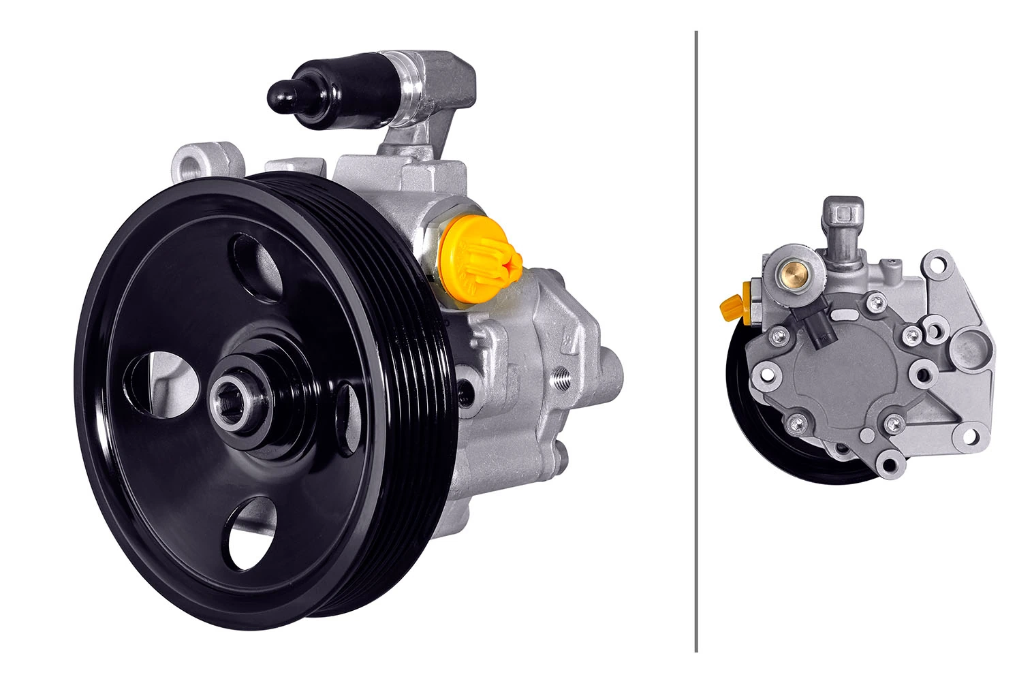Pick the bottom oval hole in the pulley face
tap(252, 535)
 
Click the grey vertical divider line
tap(696, 340)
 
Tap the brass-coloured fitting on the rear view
tap(793, 274)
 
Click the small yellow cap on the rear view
tap(732, 308)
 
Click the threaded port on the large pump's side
tap(563, 375)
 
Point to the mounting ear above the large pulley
tap(201, 161)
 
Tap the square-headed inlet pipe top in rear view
tap(843, 211)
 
